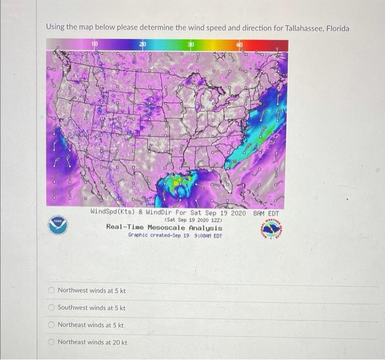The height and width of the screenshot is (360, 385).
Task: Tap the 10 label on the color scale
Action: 95,43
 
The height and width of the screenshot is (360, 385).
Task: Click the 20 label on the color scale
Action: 142,43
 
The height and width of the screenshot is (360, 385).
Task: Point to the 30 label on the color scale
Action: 190,43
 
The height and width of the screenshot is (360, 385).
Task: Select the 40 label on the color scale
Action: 239,43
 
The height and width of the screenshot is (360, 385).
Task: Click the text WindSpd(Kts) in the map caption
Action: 111,213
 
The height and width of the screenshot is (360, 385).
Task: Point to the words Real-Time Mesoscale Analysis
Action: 164,227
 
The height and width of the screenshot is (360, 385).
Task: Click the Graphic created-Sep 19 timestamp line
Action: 175,235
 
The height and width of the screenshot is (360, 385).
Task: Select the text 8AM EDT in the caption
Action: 266,213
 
